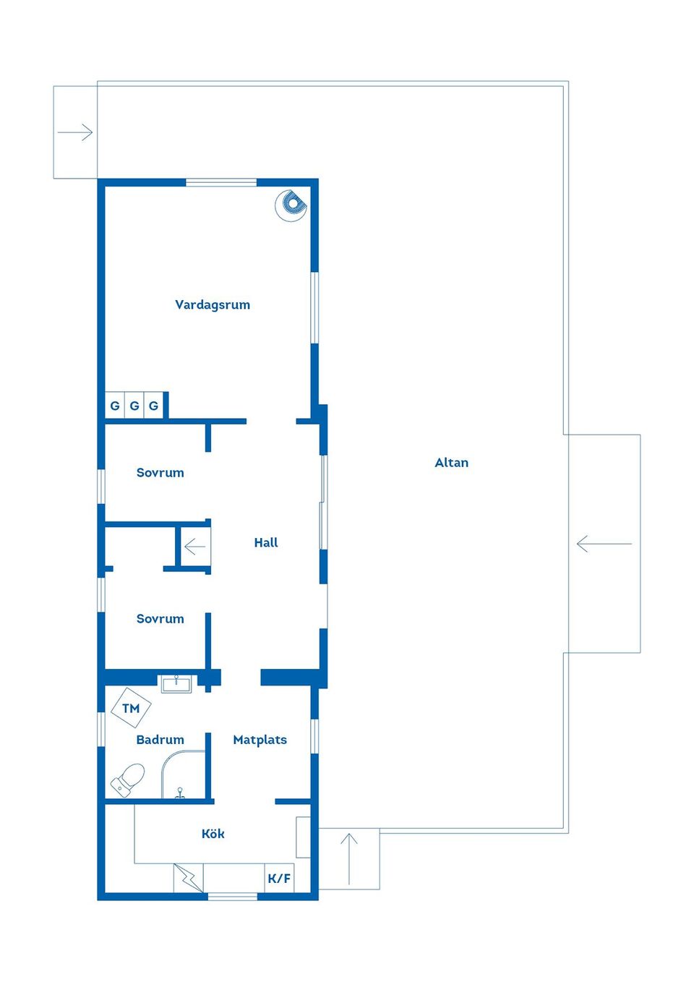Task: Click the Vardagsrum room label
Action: coord(213,304)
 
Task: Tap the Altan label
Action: coord(451,463)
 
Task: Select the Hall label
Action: coord(266,542)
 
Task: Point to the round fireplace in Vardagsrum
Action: coord(291,205)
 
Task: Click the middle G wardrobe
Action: coord(134,406)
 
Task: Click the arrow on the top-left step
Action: coord(75,132)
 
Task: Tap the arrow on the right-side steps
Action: coord(604,544)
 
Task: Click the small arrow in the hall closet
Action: coord(195,547)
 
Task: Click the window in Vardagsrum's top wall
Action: coord(221,182)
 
